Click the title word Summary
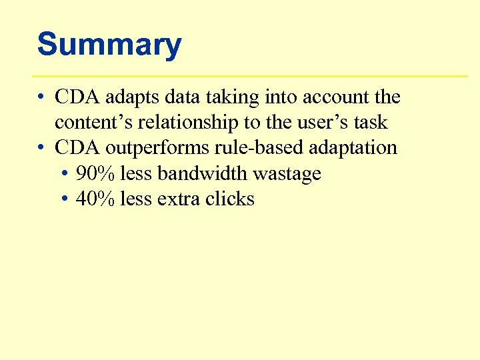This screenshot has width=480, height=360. pyautogui.click(x=109, y=45)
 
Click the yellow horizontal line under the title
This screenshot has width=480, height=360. pyautogui.click(x=250, y=76)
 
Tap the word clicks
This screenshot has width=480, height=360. pyautogui.click(x=230, y=199)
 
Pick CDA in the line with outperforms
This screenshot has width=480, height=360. pyautogui.click(x=77, y=147)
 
